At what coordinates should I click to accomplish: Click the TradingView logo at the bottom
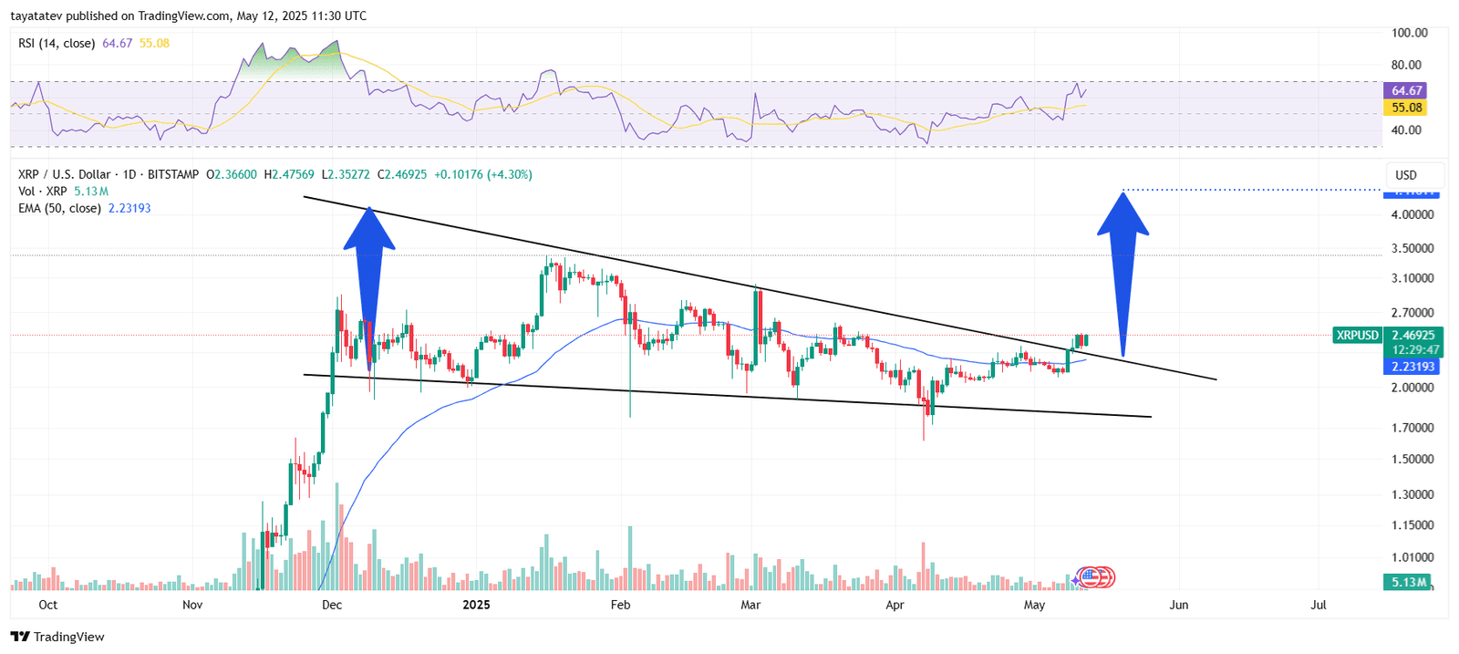[x=57, y=637]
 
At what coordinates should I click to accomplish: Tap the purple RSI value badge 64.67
[x=1405, y=90]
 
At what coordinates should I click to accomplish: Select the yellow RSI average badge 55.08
[x=1405, y=108]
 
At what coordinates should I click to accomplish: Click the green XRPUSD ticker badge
[x=1357, y=335]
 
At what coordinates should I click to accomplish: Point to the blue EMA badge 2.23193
[x=1412, y=367]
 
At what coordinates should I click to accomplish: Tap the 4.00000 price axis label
[x=1412, y=214]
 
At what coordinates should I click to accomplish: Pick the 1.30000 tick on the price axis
[x=1412, y=494]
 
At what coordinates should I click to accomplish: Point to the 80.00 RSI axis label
[x=1405, y=65]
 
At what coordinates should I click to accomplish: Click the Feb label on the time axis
[x=620, y=605]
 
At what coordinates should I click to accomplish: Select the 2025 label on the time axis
[x=476, y=605]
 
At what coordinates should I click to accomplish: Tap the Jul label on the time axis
[x=1319, y=605]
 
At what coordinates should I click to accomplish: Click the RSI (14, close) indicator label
[x=57, y=43]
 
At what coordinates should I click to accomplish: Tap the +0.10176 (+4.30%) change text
[x=482, y=174]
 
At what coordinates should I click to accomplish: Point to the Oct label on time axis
[x=47, y=605]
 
